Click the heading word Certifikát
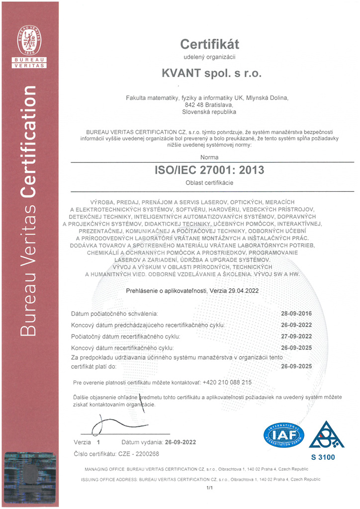tap(209, 44)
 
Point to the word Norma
tap(209, 157)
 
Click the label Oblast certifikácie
tap(209, 183)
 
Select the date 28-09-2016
tap(296, 314)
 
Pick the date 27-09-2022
tap(296, 337)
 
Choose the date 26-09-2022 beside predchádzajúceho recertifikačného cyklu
tap(296, 325)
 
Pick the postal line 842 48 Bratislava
tap(209, 105)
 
